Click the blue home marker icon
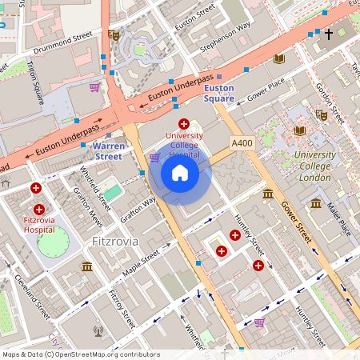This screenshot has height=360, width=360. (x=180, y=173)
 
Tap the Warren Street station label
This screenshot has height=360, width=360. (x=107, y=151)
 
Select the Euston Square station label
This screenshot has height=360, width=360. (x=218, y=94)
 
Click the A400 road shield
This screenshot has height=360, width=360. (x=242, y=142)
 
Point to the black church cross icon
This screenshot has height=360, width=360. (x=327, y=34)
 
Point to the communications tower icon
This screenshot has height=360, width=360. (x=98, y=329)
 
